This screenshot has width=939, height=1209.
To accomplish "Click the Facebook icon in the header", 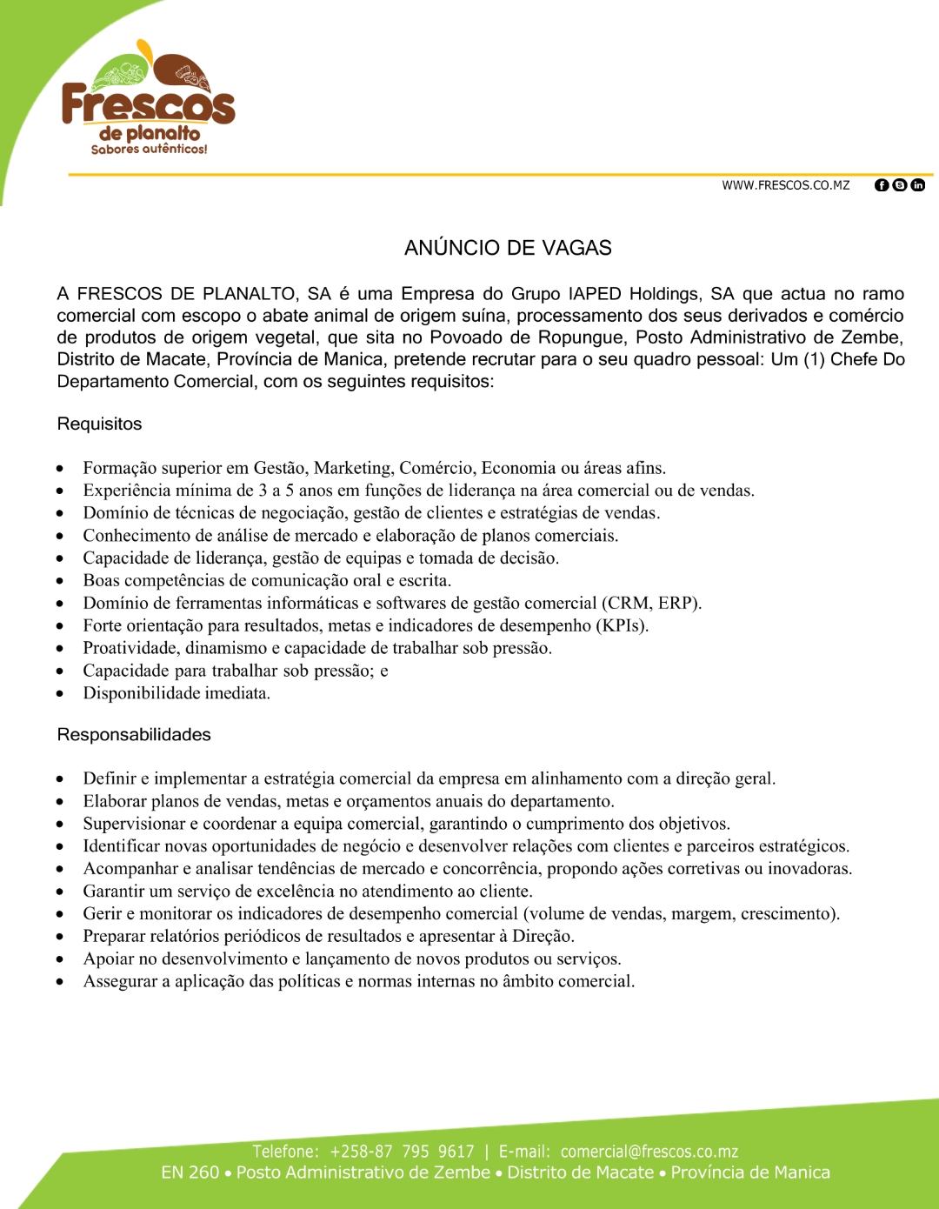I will click(x=881, y=185).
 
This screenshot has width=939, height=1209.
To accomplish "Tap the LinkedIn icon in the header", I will click(x=918, y=185).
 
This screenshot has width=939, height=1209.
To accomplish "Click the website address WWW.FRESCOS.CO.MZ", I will click(x=785, y=185).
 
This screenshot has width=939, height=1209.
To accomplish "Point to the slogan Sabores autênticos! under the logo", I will click(x=149, y=150).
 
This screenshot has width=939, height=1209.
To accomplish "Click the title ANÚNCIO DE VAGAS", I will click(x=508, y=248).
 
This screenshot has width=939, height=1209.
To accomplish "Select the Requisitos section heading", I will click(x=99, y=424).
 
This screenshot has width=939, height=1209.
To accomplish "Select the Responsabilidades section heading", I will click(x=134, y=734).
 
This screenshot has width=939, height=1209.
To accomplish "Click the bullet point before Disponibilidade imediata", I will click(x=60, y=694).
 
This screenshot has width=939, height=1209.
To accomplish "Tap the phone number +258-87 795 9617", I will click(x=402, y=1152).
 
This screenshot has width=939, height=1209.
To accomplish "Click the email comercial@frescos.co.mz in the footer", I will click(x=649, y=1152).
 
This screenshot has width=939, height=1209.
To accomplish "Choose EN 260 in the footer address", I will click(x=190, y=1172).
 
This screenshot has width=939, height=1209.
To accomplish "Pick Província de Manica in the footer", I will click(x=749, y=1172).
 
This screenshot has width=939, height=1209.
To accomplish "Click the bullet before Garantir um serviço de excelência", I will click(x=60, y=892).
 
